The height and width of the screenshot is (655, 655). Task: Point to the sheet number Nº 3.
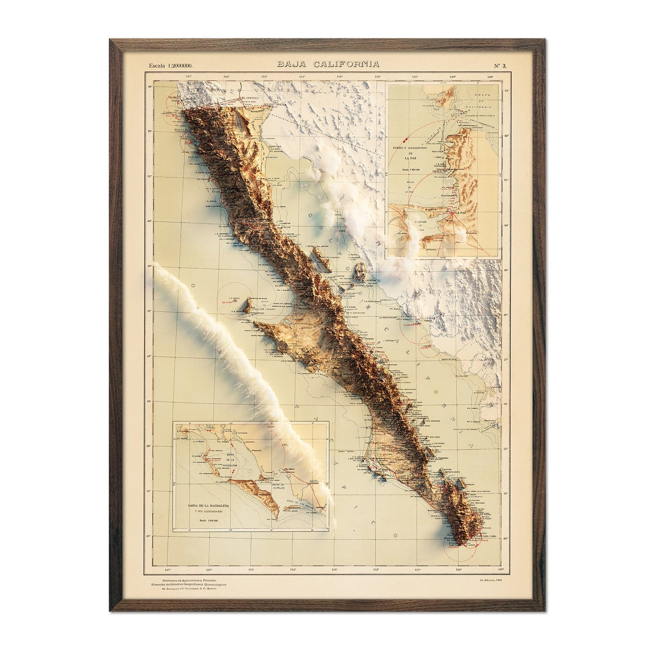tap(501, 65)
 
